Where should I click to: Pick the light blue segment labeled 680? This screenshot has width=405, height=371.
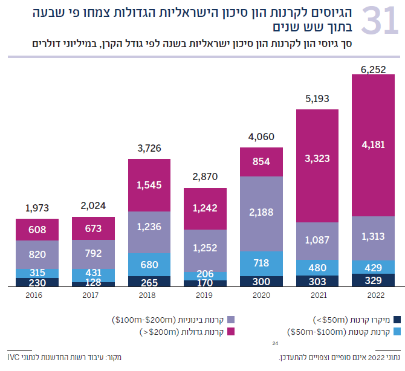(149, 264)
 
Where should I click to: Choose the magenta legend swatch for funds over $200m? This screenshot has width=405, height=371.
(231, 332)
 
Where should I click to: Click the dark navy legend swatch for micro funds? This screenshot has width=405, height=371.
(397, 320)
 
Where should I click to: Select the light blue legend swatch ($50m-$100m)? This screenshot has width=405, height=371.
(397, 332)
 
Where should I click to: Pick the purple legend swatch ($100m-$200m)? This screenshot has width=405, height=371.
(231, 320)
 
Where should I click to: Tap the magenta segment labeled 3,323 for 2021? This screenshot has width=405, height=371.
(317, 159)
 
